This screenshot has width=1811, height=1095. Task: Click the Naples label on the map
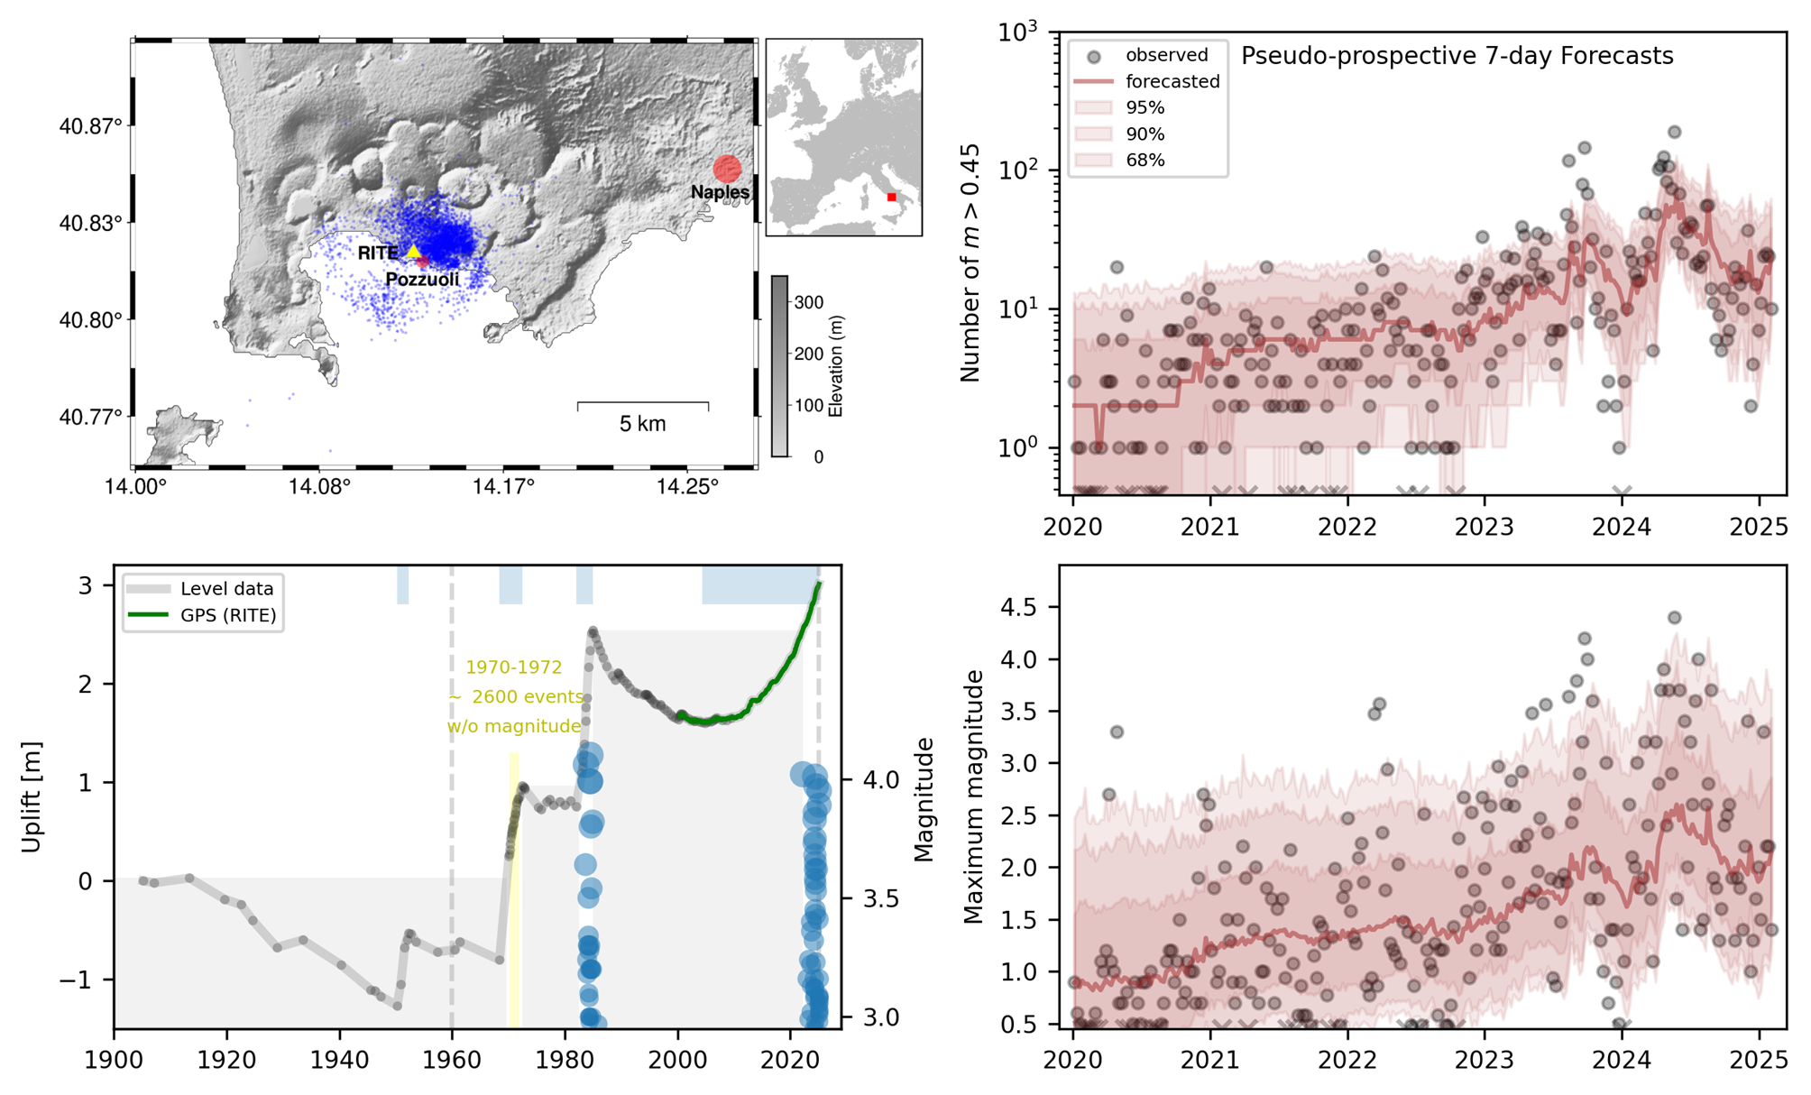[720, 192]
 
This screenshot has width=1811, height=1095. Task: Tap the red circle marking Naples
[727, 169]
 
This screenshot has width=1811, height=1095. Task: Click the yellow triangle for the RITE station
[413, 252]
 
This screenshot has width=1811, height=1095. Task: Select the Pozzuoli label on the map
[422, 280]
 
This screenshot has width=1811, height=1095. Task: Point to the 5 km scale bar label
[642, 424]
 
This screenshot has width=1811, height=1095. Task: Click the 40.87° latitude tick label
[90, 126]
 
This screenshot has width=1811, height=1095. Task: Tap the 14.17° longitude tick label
[503, 488]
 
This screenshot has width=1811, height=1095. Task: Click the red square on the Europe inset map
[891, 197]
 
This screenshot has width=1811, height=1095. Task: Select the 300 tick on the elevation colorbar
[809, 303]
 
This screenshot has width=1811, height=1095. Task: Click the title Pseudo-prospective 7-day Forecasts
[1457, 56]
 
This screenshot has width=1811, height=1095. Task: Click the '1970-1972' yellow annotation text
[513, 667]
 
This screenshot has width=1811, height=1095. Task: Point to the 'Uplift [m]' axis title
[32, 796]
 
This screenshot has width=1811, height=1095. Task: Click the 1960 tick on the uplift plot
[452, 1060]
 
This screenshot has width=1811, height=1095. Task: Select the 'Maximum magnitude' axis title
[973, 796]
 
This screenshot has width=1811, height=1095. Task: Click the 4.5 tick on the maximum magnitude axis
[1018, 607]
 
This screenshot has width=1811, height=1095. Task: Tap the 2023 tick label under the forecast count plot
[1484, 528]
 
